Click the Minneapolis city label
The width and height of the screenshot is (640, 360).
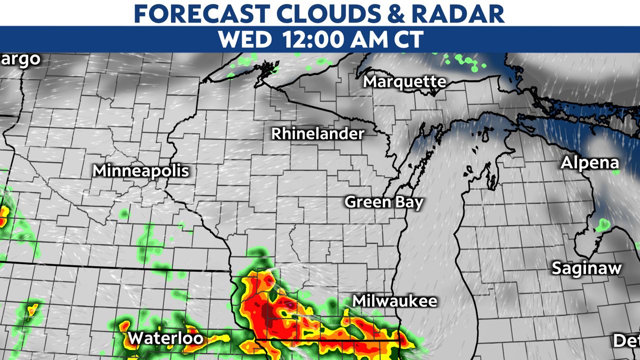[x=141, y=171]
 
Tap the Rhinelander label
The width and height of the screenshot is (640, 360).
[x=318, y=134]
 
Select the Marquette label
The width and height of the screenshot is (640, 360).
[x=404, y=81]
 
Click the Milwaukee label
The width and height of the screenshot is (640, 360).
[x=394, y=301]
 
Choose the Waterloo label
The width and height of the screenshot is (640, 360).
[x=165, y=338]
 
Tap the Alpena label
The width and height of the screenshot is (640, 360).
[x=589, y=163]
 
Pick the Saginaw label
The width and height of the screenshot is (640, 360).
[x=586, y=268]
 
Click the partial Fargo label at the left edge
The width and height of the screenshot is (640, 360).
[x=20, y=59]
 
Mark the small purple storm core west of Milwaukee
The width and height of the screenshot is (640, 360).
[x=289, y=303]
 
